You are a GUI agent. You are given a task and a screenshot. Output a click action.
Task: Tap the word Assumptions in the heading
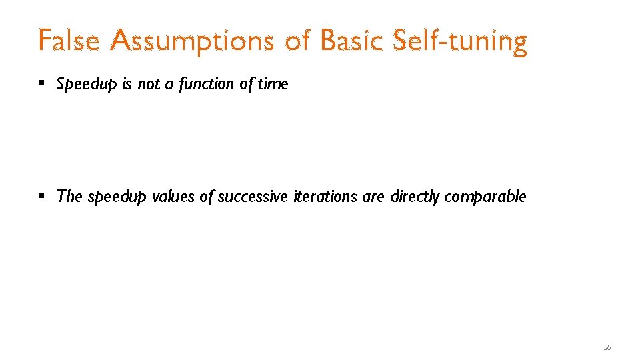193,41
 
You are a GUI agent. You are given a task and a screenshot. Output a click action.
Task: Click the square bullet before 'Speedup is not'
42,84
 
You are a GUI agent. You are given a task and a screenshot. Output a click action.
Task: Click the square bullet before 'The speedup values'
42,197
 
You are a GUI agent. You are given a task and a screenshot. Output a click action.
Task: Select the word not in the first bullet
147,84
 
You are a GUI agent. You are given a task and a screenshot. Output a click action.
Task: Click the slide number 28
607,347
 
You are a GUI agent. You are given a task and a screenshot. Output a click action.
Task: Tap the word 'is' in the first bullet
127,84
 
